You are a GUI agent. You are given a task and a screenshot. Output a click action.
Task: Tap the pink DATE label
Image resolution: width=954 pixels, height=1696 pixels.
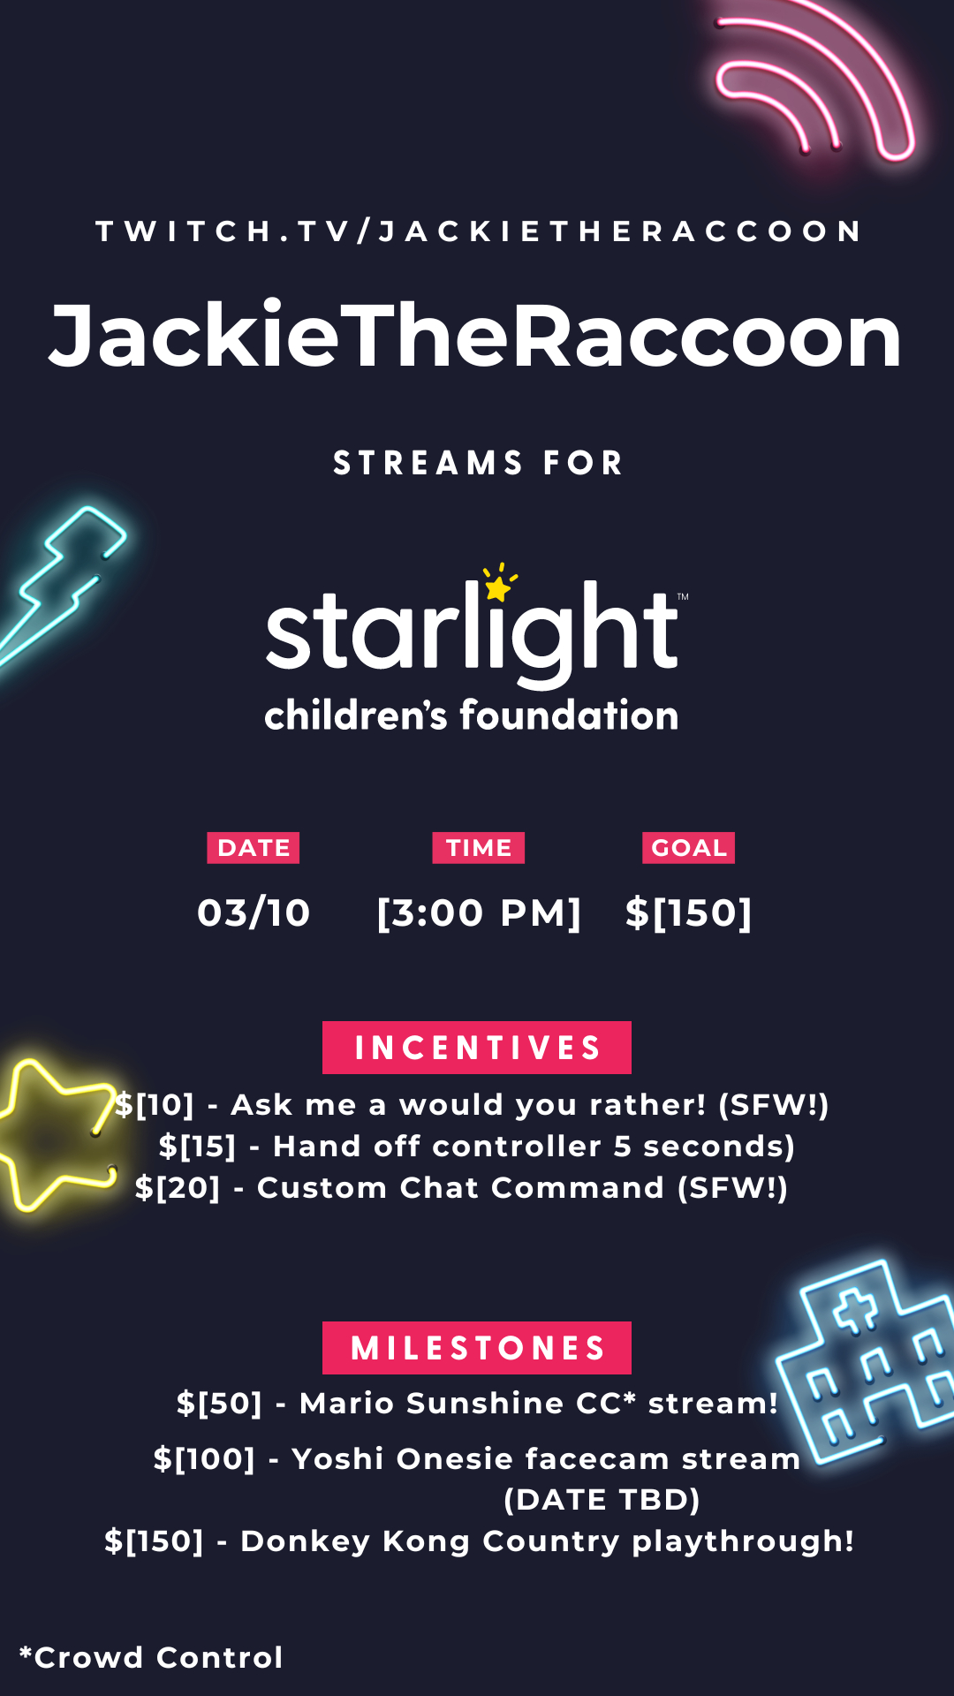tap(254, 848)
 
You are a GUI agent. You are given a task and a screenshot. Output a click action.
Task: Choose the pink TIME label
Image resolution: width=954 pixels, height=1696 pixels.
tap(479, 848)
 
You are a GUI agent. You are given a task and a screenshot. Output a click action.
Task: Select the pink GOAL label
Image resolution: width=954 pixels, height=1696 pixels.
tap(689, 848)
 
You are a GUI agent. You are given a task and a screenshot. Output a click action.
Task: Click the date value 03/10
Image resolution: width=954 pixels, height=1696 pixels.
tap(254, 912)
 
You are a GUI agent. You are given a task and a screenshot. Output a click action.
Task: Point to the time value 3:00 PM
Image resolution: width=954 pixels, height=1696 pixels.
tap(479, 913)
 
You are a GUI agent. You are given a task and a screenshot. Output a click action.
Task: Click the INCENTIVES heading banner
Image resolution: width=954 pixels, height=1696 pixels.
tap(477, 1048)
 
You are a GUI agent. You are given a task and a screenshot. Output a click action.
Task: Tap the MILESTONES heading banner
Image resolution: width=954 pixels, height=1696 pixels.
tap(477, 1348)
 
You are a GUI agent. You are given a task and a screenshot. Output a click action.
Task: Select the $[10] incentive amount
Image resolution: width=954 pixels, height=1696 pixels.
tap(155, 1105)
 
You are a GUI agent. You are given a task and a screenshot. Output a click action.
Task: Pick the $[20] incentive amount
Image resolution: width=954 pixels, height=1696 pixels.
tap(178, 1188)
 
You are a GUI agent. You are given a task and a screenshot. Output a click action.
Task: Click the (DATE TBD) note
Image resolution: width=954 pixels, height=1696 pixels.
tap(602, 1500)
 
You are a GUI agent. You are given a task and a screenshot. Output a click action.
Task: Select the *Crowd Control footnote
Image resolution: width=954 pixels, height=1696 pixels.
tap(151, 1657)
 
